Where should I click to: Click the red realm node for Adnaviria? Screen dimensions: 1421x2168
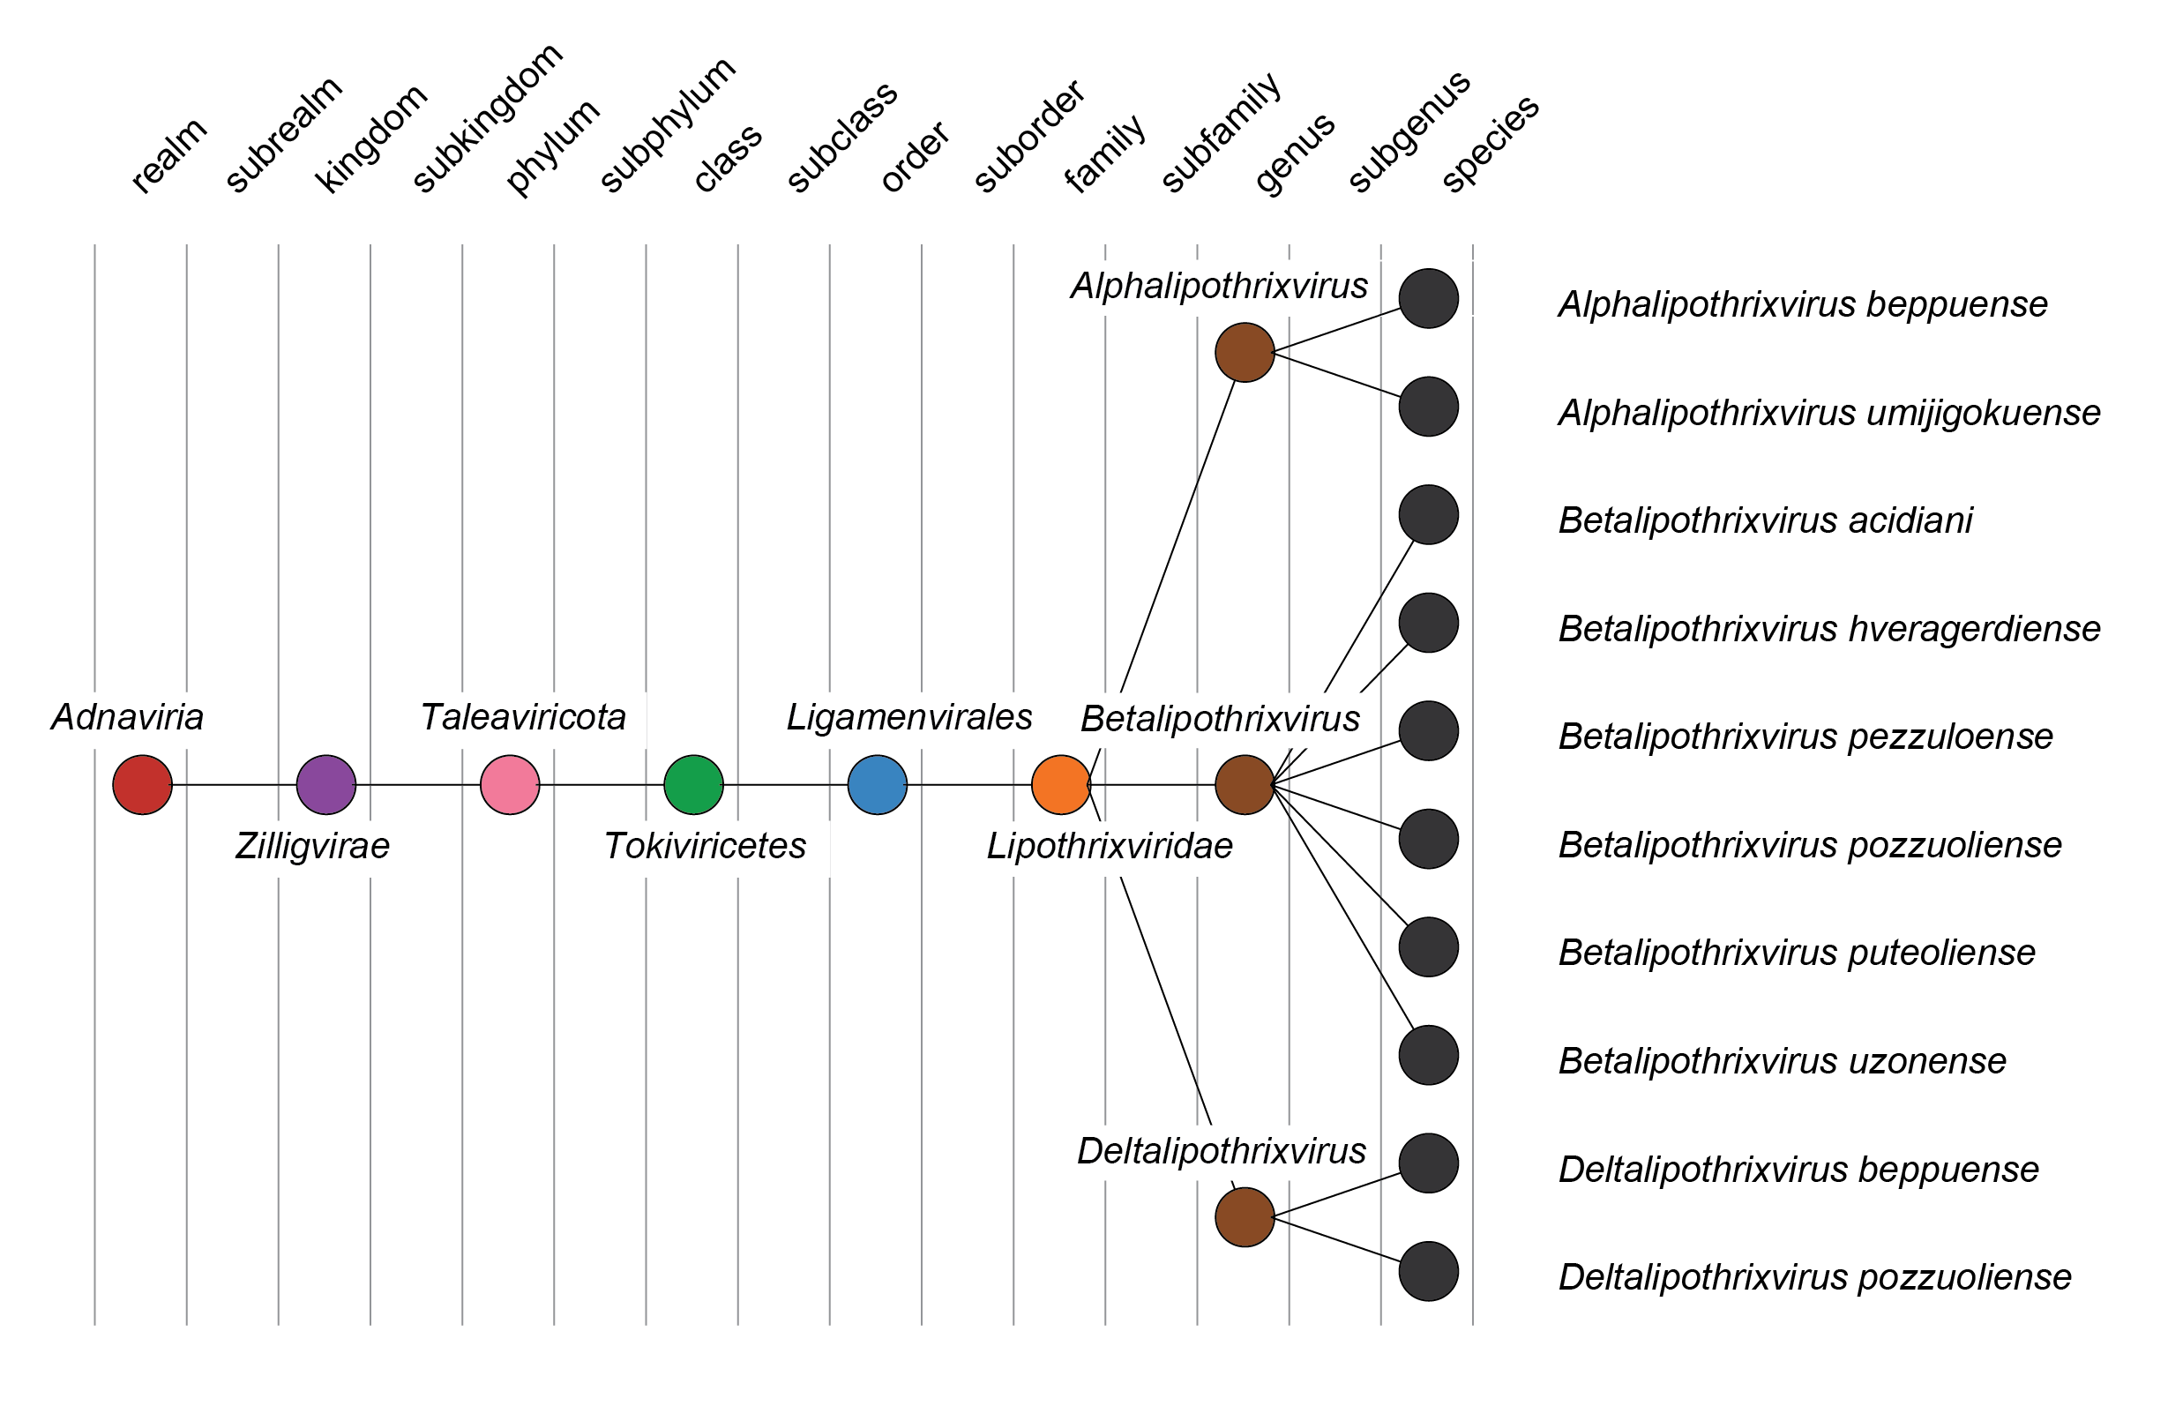point(142,784)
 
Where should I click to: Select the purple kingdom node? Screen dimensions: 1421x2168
point(326,784)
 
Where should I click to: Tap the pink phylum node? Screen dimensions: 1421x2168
point(510,784)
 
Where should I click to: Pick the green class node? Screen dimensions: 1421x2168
point(693,784)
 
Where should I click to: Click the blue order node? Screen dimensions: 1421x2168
point(878,784)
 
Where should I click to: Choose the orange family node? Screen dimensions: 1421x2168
point(1061,784)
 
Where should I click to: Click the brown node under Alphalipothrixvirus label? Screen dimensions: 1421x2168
point(1245,353)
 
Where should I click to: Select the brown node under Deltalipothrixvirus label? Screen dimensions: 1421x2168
point(1245,1217)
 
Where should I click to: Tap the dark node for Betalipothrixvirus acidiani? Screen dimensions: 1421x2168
point(1428,514)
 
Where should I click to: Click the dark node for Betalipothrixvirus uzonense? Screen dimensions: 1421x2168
point(1428,1055)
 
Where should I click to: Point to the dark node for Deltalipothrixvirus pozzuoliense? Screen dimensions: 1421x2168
point(1428,1272)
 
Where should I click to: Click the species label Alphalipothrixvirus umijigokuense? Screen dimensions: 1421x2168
point(1829,413)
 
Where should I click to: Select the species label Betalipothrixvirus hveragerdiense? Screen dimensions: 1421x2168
point(1829,629)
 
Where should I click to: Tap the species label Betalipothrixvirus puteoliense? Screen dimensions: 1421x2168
point(1797,953)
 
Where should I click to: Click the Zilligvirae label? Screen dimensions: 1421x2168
point(312,845)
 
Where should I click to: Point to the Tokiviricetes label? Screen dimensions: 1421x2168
point(705,845)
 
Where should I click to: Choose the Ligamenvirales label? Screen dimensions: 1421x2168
point(909,717)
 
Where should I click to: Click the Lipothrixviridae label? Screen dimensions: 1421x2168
point(1110,845)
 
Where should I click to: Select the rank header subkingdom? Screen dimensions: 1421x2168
point(487,118)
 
